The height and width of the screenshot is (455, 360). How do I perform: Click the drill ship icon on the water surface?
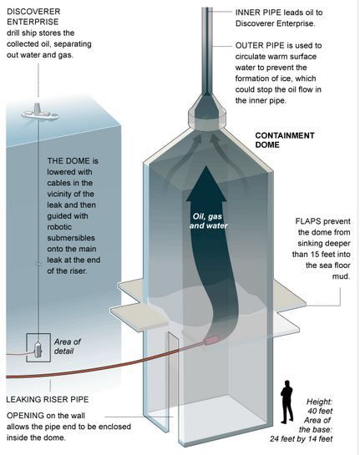pyautogui.click(x=40, y=112)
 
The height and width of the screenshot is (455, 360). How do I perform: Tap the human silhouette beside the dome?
pyautogui.click(x=286, y=402)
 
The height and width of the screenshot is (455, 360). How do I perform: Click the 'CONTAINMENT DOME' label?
pyautogui.click(x=285, y=140)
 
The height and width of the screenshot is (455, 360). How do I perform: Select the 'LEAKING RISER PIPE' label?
pyautogui.click(x=48, y=399)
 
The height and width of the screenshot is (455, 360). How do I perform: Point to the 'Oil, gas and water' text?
pyautogui.click(x=209, y=221)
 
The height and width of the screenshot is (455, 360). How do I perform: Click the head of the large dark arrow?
pyautogui.click(x=206, y=184)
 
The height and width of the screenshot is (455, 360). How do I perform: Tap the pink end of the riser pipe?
pyautogui.click(x=212, y=340)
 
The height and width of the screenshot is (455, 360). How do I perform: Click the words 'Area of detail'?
pyautogui.click(x=67, y=346)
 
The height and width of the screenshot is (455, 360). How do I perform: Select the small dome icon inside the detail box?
pyautogui.click(x=38, y=349)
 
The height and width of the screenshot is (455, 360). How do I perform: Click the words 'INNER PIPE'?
pyautogui.click(x=258, y=13)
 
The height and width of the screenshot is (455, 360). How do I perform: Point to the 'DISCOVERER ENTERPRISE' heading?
pyautogui.click(x=33, y=17)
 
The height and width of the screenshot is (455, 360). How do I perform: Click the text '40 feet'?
pyautogui.click(x=320, y=412)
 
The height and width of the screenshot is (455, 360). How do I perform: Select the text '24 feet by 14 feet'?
pyautogui.click(x=301, y=439)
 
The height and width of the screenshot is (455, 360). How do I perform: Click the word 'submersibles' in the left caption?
pyautogui.click(x=71, y=238)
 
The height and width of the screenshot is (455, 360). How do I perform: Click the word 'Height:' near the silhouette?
pyautogui.click(x=319, y=402)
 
